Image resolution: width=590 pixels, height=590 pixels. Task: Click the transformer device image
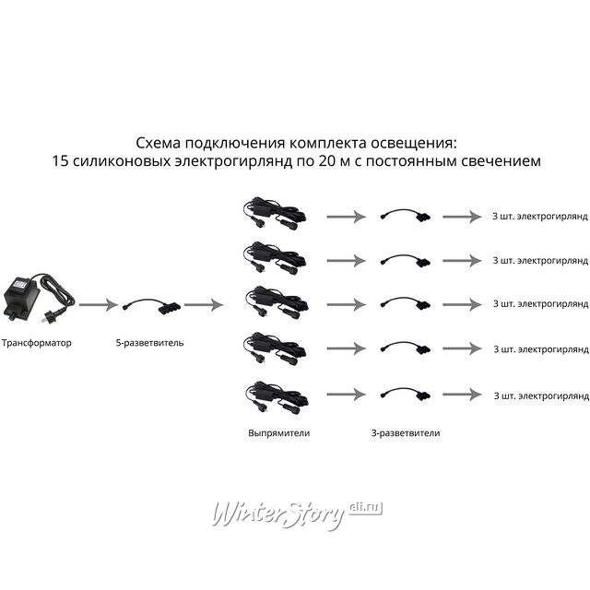pyautogui.click(x=38, y=297)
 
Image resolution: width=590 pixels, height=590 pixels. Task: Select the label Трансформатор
pyautogui.click(x=37, y=343)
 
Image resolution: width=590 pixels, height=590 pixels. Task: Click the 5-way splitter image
pyautogui.click(x=151, y=305)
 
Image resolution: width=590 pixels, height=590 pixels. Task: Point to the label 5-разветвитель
pyautogui.click(x=149, y=343)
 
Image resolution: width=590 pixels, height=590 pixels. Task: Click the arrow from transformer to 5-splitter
pyautogui.click(x=99, y=304)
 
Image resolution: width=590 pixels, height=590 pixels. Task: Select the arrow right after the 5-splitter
pyautogui.click(x=204, y=304)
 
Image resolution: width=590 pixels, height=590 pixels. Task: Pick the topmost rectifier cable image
pyautogui.click(x=275, y=214)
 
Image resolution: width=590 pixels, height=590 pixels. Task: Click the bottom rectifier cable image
pyautogui.click(x=277, y=397)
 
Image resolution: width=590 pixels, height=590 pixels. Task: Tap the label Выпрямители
pyautogui.click(x=278, y=432)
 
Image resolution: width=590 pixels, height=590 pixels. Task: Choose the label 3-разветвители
pyautogui.click(x=406, y=432)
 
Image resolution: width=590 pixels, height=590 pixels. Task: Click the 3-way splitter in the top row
pyautogui.click(x=405, y=214)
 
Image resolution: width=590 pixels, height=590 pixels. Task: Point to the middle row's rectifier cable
pyautogui.click(x=277, y=302)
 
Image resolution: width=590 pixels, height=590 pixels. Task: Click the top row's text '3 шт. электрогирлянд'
pyautogui.click(x=540, y=217)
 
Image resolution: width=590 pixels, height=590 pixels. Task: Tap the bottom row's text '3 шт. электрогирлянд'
pyautogui.click(x=541, y=395)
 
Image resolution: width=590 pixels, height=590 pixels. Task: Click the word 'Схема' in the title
pyautogui.click(x=158, y=143)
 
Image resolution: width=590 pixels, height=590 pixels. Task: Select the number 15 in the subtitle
pyautogui.click(x=60, y=160)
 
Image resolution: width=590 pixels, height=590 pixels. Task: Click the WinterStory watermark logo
pyautogui.click(x=297, y=513)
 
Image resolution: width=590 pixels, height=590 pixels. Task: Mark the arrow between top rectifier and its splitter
pyautogui.click(x=347, y=217)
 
